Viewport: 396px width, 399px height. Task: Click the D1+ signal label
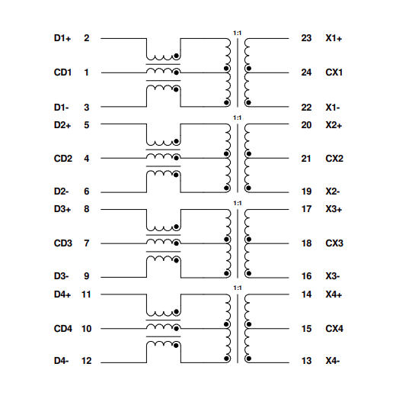62,38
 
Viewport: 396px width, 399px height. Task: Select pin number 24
306,72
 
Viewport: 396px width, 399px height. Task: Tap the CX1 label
334,72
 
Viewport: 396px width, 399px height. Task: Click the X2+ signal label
334,125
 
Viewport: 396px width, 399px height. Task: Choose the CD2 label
62,159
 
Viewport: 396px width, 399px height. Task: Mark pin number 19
306,192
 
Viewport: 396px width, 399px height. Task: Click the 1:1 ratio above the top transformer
237,33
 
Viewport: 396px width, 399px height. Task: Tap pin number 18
306,243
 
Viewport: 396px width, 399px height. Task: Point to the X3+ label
334,209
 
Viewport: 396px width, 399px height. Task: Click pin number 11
86,294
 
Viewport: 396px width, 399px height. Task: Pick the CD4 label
62,329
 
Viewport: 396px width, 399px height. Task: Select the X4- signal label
334,362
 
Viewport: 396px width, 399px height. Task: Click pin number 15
306,329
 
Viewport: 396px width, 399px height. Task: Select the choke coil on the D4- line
163,348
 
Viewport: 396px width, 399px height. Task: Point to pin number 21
306,159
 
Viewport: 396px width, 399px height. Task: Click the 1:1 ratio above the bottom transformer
237,288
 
